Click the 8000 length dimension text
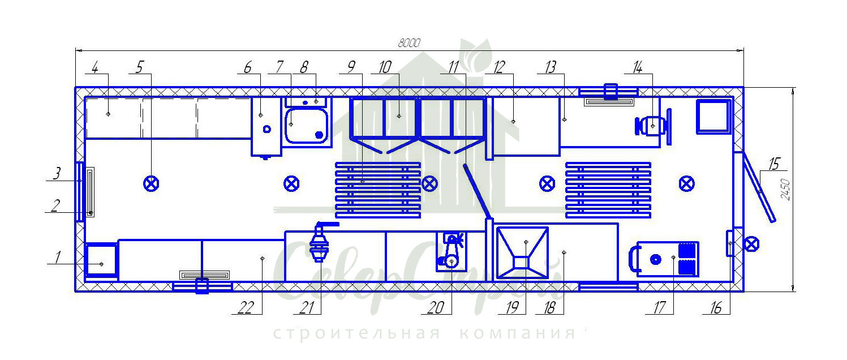click(x=409, y=43)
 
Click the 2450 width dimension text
click(x=785, y=190)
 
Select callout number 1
click(x=57, y=258)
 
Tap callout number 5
click(x=140, y=67)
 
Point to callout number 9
click(x=351, y=67)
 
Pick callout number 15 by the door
click(x=773, y=165)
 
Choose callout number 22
click(x=244, y=308)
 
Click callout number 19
click(x=513, y=308)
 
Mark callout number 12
click(x=498, y=67)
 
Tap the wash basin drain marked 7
click(x=319, y=135)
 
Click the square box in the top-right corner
click(x=713, y=117)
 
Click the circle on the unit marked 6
click(x=267, y=129)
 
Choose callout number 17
click(x=659, y=308)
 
